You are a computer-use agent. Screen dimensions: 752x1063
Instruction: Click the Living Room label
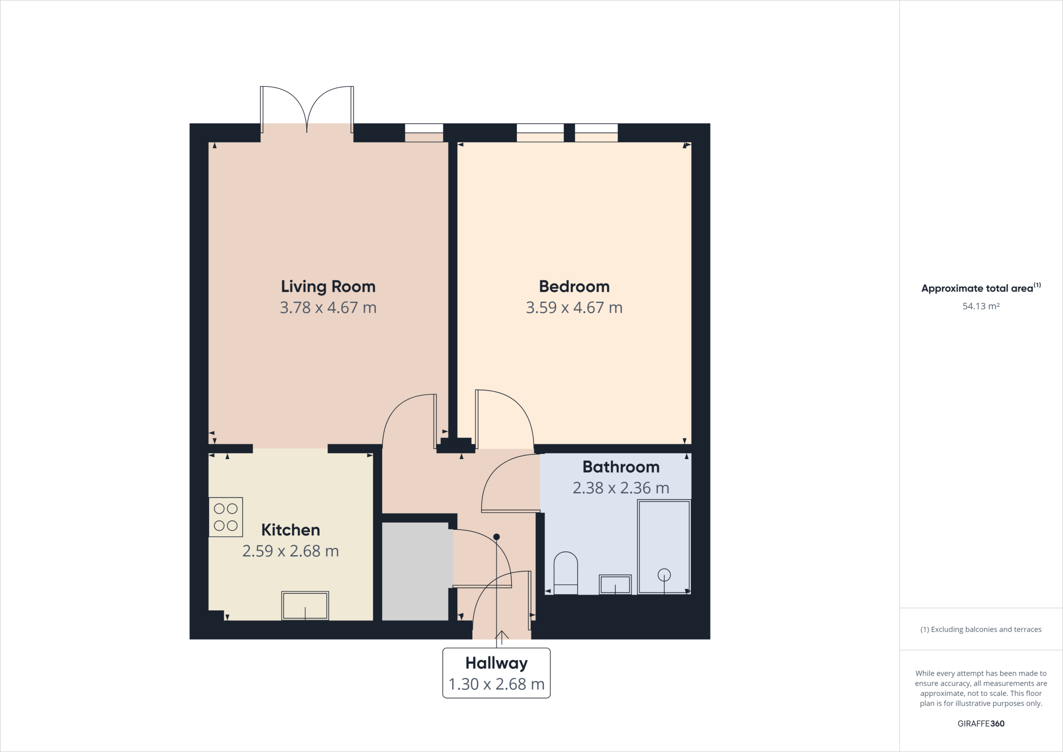coord(328,287)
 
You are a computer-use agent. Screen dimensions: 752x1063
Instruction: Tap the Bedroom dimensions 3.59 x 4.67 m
coord(574,308)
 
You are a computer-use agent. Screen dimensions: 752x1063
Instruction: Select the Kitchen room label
coord(291,530)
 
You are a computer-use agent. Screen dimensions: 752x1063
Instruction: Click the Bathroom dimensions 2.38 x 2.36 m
coord(621,488)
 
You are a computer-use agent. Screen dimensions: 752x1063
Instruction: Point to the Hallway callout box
coord(496,673)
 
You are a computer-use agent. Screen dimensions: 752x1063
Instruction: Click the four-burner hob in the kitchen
coord(226,517)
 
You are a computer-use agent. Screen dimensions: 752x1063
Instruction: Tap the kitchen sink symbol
coord(305,606)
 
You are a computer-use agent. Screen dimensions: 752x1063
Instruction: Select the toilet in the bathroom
coord(566,573)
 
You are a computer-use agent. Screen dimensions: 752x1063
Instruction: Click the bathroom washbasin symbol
coord(615,584)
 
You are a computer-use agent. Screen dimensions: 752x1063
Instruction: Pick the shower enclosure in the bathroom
coord(664,546)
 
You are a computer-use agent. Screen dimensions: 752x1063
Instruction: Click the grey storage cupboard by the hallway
coord(415,571)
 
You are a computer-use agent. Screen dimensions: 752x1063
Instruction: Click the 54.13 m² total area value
coord(981,306)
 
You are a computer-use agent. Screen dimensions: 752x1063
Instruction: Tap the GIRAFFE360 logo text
coord(981,723)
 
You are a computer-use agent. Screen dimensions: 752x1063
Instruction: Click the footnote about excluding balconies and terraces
coord(981,629)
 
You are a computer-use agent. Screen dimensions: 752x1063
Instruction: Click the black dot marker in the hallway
coord(497,537)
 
